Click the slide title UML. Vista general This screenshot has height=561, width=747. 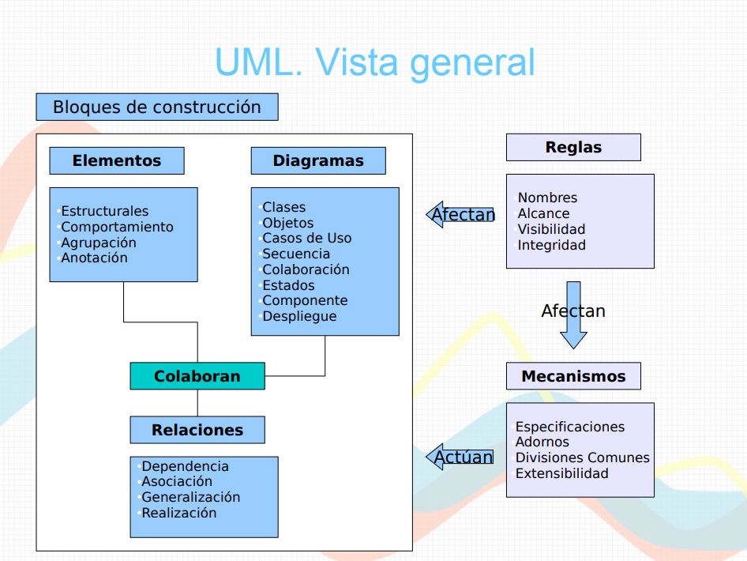[x=374, y=62]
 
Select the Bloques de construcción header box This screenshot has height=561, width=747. [x=156, y=107]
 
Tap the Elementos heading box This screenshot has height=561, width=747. [x=117, y=160]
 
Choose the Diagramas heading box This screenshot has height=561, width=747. [x=318, y=160]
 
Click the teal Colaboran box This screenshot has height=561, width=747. [x=197, y=376]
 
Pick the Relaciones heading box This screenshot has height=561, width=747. [x=197, y=430]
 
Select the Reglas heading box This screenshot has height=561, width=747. [x=573, y=147]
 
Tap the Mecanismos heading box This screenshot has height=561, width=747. [x=573, y=376]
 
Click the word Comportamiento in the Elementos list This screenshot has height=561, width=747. [x=117, y=227]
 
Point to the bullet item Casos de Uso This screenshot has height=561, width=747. [x=306, y=238]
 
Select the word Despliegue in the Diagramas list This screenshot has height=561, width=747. [x=299, y=316]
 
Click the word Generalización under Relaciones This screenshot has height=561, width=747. [x=190, y=497]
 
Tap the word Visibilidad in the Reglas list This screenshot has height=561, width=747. [x=551, y=229]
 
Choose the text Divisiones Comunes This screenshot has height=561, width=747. [x=582, y=457]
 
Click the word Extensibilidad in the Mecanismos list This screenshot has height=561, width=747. [x=561, y=473]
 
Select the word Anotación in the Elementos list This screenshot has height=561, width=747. [x=94, y=258]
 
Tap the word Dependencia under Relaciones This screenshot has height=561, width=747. [x=185, y=466]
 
